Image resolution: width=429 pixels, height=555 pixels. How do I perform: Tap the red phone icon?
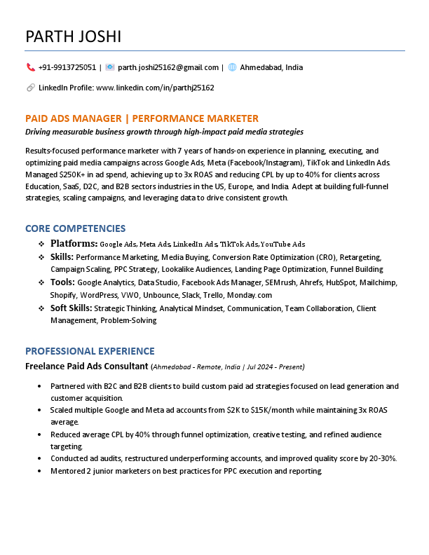pos(30,67)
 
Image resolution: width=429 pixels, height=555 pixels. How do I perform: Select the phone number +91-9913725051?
pos(67,67)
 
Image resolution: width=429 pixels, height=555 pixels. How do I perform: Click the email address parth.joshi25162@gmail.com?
pos(168,67)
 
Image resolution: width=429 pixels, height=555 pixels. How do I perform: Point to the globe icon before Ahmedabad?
pos(232,67)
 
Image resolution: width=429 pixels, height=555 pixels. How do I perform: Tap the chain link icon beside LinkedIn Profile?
pos(30,88)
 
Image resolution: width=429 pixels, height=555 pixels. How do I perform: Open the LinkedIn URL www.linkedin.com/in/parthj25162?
pos(154,88)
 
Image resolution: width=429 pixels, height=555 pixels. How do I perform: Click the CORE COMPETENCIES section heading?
pos(75,228)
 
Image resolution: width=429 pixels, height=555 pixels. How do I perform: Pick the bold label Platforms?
pos(74,243)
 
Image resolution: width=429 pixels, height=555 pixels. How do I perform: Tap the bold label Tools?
pos(62,282)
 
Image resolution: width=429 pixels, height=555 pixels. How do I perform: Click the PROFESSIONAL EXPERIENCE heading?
pos(90,351)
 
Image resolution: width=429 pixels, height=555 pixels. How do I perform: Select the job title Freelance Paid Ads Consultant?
pos(86,366)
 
